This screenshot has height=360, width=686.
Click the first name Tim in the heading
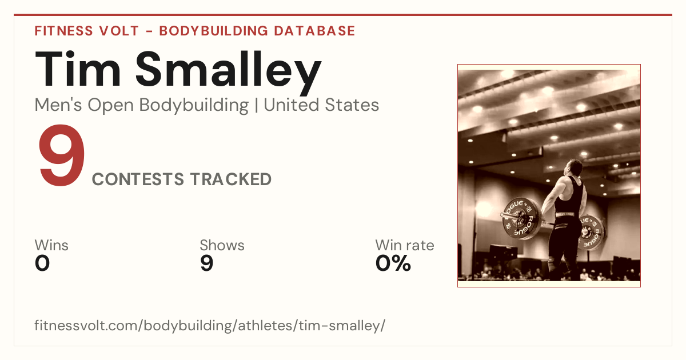(x=78, y=69)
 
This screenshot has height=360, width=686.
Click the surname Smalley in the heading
(x=229, y=73)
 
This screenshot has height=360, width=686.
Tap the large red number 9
(x=62, y=155)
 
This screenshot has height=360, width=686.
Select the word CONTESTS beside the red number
(x=138, y=179)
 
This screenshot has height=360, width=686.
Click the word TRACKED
(x=230, y=179)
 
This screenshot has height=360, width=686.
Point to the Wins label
(x=51, y=245)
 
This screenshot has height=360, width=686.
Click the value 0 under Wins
(x=42, y=263)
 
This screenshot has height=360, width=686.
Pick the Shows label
(x=222, y=245)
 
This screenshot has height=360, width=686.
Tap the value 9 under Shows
(x=207, y=263)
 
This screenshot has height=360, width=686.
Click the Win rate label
(x=405, y=245)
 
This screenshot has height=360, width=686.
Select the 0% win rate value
(x=393, y=263)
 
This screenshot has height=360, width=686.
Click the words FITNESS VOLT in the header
(x=87, y=31)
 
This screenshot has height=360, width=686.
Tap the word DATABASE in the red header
(x=314, y=31)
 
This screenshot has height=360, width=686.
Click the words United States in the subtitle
(x=321, y=105)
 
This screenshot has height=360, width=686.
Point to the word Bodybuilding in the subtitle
(x=194, y=106)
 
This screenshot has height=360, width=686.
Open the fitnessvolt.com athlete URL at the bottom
(x=210, y=325)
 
